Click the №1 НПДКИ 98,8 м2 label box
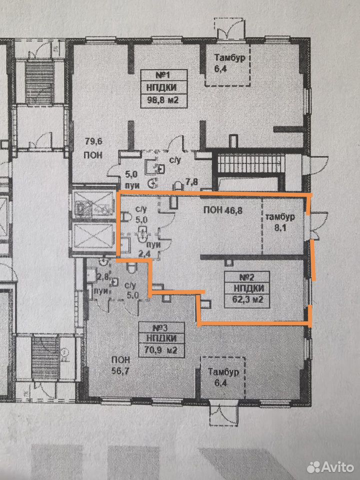coord(164,88)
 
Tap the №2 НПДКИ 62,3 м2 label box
coord(247,289)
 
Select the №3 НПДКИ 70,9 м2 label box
coord(161,339)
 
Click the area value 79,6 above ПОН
coord(93,141)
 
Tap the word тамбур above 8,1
coord(280,217)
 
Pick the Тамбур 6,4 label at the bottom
coord(223,377)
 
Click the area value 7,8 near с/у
coord(192,182)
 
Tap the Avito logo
coord(330,467)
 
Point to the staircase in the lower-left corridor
coord(45,358)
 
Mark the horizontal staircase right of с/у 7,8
coord(251,164)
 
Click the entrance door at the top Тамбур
coord(229,29)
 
